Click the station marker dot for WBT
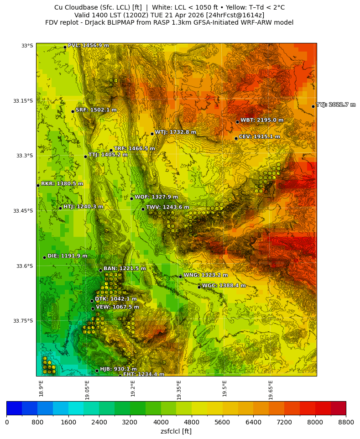237,122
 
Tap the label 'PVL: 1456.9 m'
88,45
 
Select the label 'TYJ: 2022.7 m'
336,105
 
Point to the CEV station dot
236,138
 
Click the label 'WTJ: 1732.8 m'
175,132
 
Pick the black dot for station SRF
73,111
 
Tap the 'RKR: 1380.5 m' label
62,183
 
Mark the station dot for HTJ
60,208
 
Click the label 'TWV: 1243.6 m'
167,207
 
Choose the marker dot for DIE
44,257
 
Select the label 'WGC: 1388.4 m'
224,285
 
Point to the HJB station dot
97,371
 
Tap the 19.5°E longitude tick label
224,388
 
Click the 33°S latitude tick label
27,46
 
